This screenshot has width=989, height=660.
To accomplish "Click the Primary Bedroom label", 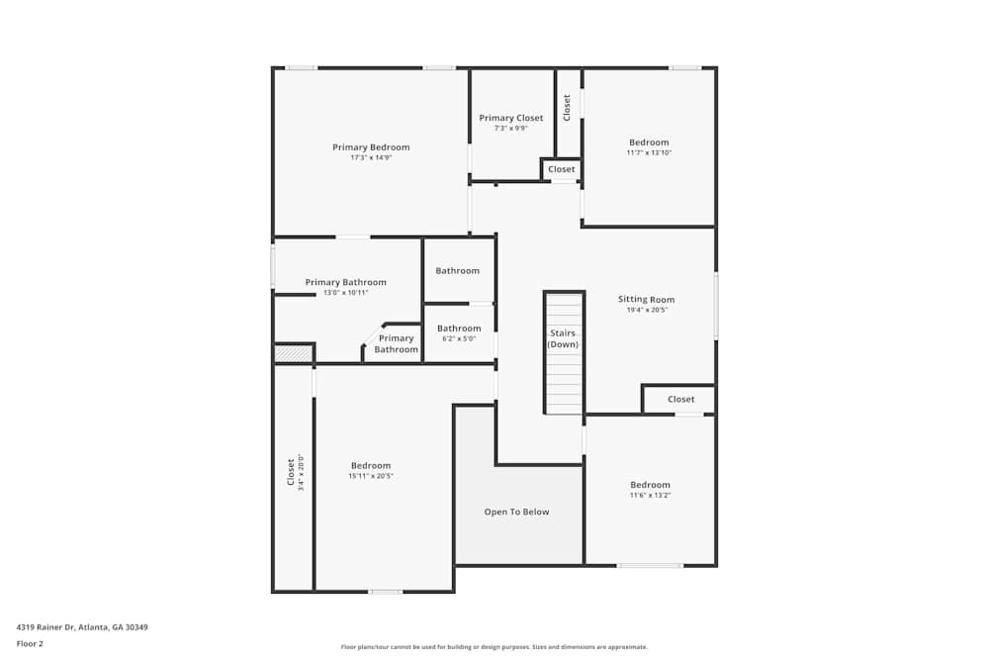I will pos(371,147).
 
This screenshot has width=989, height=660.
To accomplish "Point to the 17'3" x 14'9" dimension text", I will pos(371,158).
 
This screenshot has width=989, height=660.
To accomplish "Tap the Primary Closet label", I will pos(511,118).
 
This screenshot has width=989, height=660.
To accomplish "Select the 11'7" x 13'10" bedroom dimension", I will pos(649,152).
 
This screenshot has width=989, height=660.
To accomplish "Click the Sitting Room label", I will pos(647,299).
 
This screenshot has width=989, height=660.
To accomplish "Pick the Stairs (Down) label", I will pos(563,338).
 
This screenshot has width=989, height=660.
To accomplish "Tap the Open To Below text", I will pos(516,512).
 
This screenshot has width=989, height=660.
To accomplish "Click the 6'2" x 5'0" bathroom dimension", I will pos(459,338).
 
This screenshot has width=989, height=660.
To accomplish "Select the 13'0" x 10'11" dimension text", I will pos(346,293).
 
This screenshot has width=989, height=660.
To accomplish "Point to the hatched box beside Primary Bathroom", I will pos(293,352).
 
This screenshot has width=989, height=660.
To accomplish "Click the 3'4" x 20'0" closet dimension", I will pos(301,472).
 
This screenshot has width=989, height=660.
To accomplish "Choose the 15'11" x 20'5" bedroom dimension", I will pos(371,476).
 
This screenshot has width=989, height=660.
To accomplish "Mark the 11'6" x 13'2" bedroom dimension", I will pos(650,495).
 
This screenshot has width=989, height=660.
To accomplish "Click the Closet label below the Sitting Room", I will pos(680,399).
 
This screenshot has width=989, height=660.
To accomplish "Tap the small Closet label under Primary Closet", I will pos(561,169).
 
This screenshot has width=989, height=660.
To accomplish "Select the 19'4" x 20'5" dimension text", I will pos(647,310).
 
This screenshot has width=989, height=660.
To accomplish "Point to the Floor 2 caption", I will pos(30,643).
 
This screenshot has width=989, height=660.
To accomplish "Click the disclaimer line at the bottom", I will pos(494,647).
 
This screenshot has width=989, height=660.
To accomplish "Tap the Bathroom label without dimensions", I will pos(458,270).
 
